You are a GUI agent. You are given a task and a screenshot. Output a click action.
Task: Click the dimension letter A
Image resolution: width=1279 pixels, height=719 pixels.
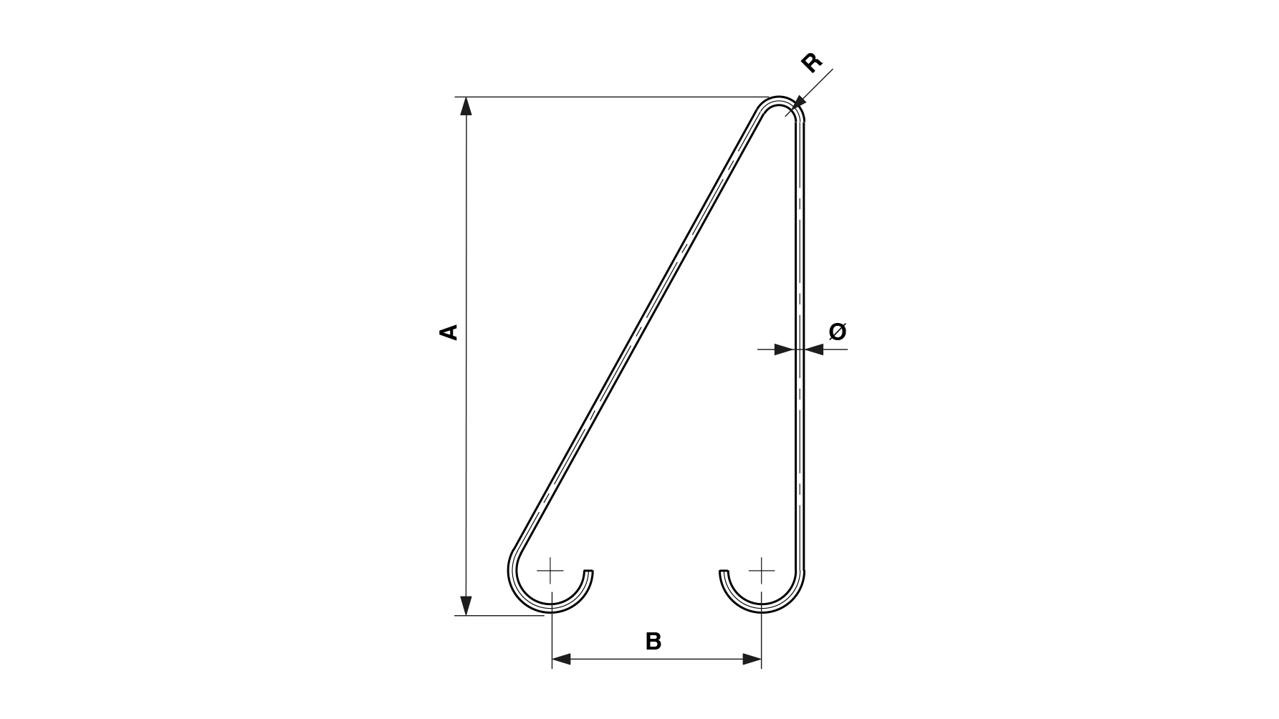449,332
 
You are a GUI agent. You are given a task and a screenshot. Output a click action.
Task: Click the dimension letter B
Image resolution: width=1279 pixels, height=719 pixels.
653,642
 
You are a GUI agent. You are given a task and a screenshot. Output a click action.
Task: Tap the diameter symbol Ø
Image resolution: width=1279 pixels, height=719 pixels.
838,332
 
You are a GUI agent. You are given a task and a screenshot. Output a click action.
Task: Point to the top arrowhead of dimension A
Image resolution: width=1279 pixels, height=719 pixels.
466,106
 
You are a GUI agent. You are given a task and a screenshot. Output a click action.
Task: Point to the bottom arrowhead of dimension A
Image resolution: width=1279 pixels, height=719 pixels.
466,606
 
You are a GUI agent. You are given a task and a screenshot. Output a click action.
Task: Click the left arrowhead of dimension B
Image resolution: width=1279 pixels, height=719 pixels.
561,659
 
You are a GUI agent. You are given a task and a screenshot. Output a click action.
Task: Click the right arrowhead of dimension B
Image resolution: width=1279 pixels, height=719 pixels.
752,659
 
